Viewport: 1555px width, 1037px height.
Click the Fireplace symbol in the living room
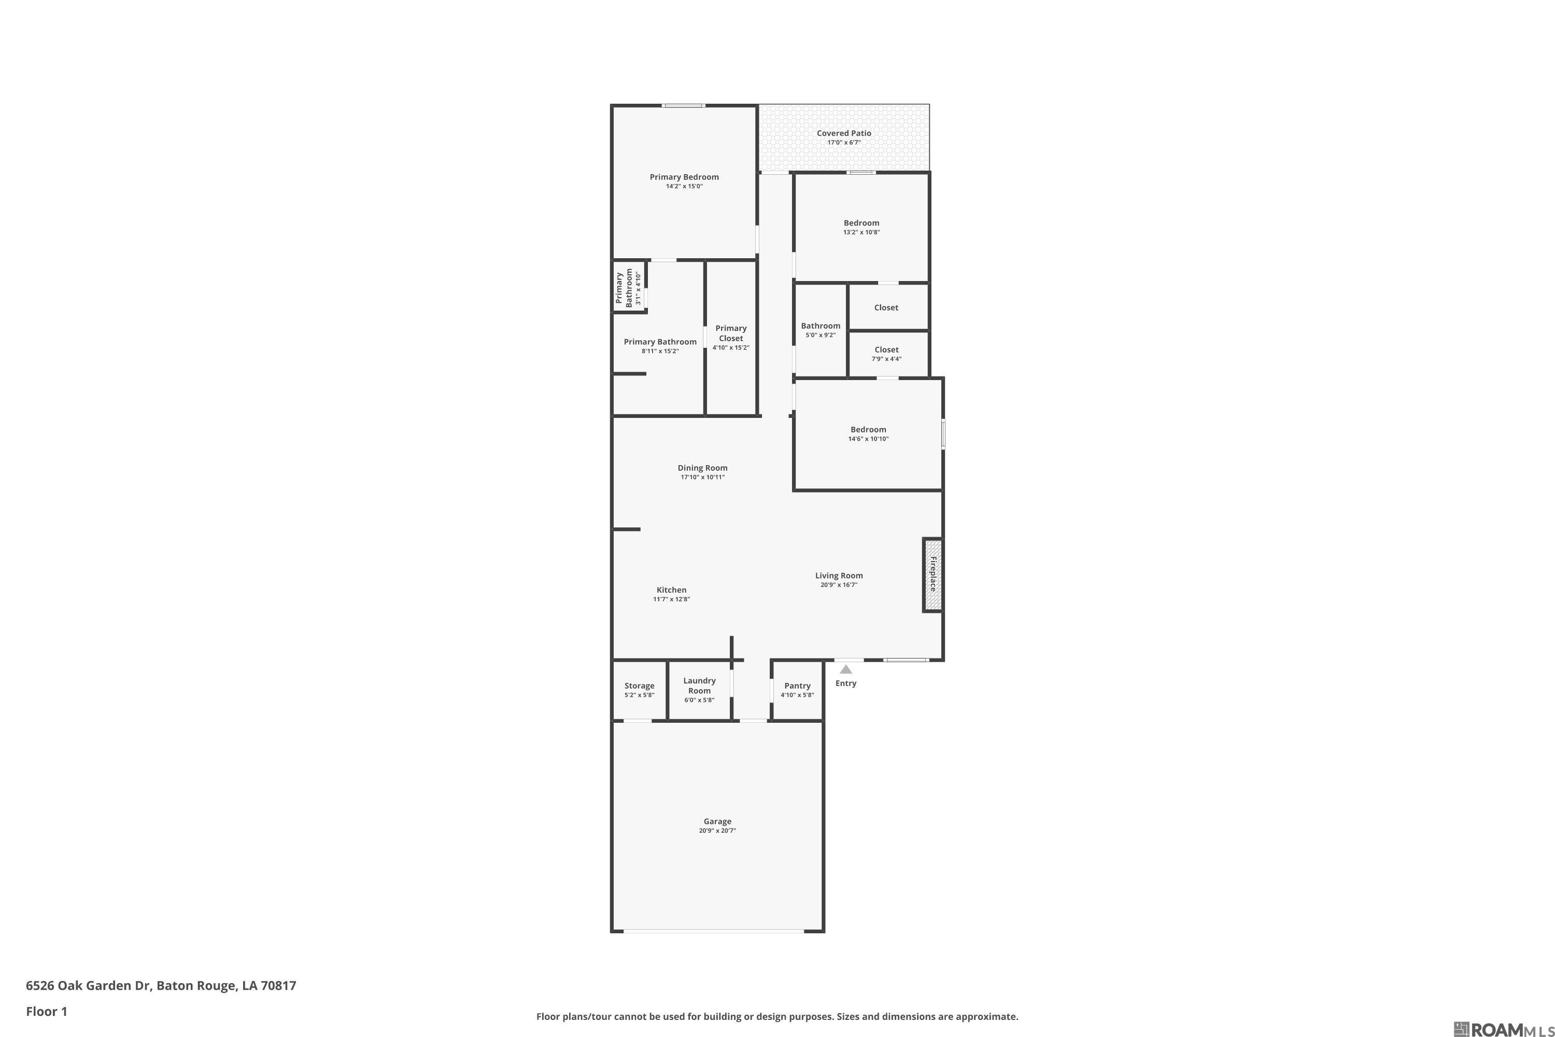(932, 574)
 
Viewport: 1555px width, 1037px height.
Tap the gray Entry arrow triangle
(845, 669)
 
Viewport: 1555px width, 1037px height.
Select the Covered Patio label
(844, 133)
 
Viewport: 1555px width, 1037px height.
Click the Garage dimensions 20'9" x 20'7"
(717, 831)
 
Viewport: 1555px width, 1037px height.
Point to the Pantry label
(797, 686)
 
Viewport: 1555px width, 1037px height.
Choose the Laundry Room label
(699, 685)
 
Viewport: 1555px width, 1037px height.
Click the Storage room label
(639, 686)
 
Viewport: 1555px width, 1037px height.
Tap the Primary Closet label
(730, 333)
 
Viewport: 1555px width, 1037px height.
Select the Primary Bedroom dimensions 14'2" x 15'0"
(684, 187)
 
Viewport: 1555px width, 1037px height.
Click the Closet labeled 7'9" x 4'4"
(886, 350)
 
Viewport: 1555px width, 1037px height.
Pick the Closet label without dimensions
(886, 307)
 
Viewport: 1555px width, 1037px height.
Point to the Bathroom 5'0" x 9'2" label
(821, 326)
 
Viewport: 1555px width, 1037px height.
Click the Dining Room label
(702, 468)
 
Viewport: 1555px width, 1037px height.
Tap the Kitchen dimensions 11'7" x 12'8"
(672, 599)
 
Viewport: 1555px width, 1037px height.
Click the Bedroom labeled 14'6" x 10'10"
(868, 429)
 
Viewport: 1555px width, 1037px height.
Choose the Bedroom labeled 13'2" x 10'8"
(861, 223)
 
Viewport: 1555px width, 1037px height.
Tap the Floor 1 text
(46, 1011)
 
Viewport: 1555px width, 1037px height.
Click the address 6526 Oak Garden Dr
(161, 986)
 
